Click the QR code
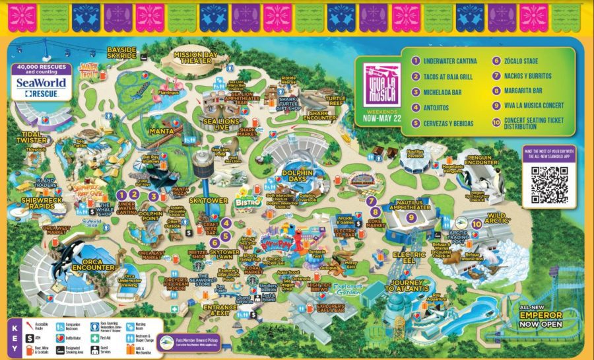pos(549,185)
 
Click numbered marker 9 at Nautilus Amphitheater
pos(412,217)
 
